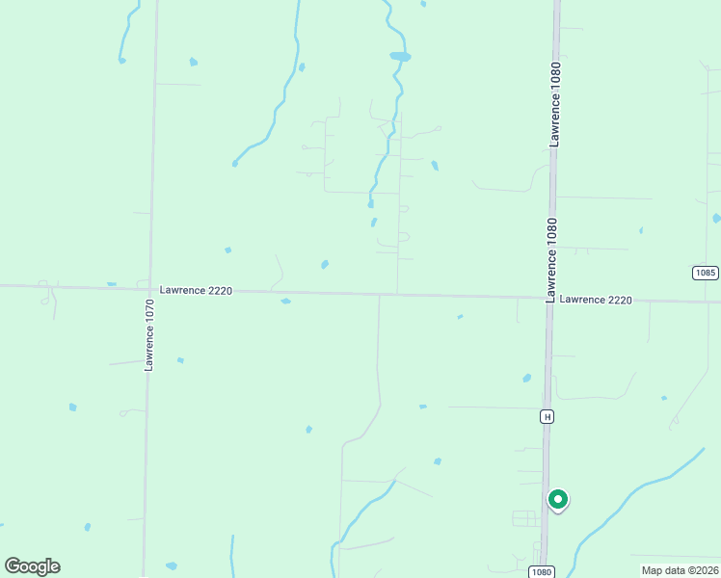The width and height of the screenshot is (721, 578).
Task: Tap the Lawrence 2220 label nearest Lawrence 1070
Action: coord(197,290)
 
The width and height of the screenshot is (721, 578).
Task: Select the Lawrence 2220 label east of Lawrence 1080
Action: coord(596,300)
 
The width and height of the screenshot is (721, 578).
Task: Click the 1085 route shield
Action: coord(705,273)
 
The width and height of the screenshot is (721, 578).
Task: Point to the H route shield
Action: coord(547,416)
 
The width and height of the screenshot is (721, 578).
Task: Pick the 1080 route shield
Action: coord(542,571)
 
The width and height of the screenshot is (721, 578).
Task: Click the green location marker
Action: coord(558,500)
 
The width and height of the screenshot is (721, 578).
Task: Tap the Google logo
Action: coord(32,566)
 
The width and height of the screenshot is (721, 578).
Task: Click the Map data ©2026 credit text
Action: coord(680,570)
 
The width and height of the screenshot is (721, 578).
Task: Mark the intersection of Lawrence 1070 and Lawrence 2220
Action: coord(149,288)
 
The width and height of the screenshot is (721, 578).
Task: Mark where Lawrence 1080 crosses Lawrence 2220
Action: coord(550,298)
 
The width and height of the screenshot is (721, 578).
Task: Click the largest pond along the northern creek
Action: coord(400,57)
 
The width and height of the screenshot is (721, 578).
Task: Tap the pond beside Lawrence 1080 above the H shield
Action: coord(526,378)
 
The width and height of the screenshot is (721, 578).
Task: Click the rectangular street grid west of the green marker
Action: coord(525,518)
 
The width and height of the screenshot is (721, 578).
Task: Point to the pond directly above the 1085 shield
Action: coord(716,218)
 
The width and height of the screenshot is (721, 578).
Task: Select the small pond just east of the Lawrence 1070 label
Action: coord(180,360)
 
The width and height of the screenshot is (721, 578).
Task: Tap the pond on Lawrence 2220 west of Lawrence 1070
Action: coord(112,284)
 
